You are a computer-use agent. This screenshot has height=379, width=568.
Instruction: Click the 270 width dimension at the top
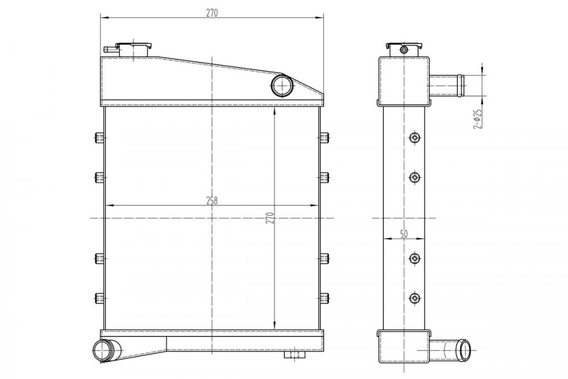[x=212, y=13]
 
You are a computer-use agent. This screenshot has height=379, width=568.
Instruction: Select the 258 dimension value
[x=212, y=200]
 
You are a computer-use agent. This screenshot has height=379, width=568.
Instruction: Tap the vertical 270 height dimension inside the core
[x=270, y=217]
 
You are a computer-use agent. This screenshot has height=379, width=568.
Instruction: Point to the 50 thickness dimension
[x=404, y=234]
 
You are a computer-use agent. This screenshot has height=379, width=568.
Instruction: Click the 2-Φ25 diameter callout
[x=477, y=119]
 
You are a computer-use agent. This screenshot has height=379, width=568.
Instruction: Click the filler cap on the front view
[x=133, y=50]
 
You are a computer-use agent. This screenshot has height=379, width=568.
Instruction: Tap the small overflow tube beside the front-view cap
[x=110, y=50]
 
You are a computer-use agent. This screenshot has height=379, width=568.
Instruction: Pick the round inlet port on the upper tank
[x=282, y=85]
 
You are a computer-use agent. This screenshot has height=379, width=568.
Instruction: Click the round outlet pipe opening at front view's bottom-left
[x=105, y=351]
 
